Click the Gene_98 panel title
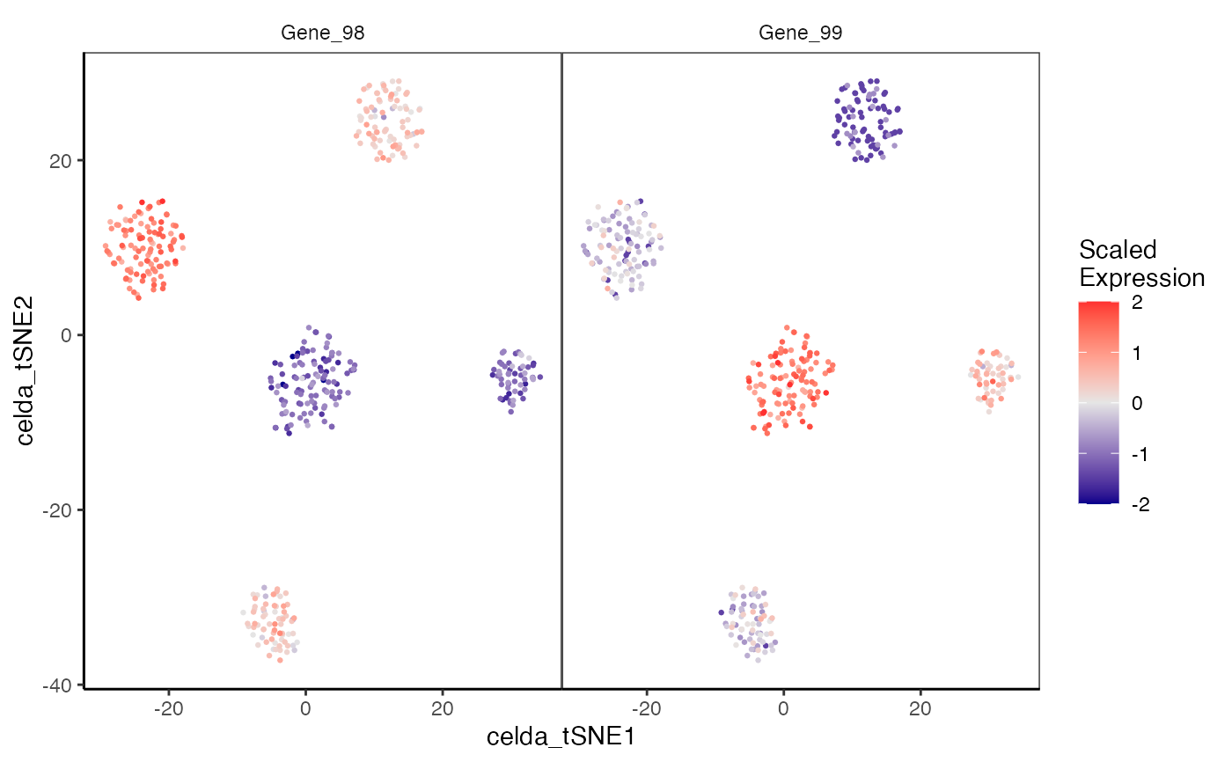coord(322,33)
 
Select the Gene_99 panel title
coord(800,33)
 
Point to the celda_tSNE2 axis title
coord(26,370)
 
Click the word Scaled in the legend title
coord(1118,250)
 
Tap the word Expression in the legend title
coord(1141,278)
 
